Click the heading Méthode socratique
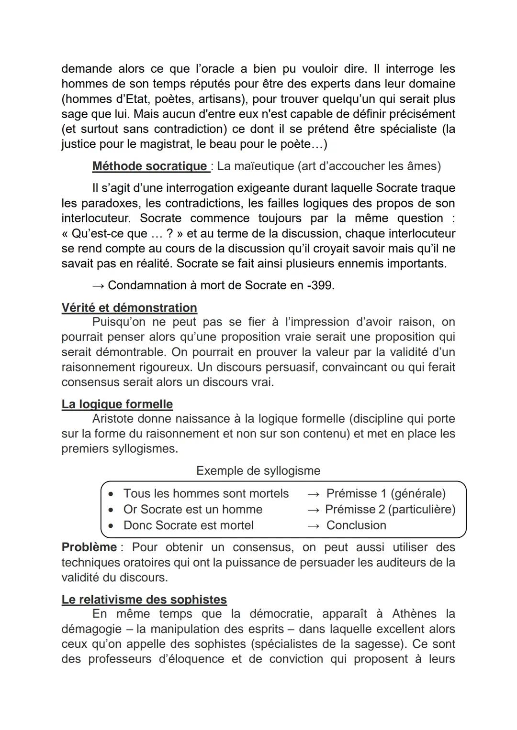pyautogui.click(x=149, y=166)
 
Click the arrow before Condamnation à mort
pyautogui.click(x=98, y=285)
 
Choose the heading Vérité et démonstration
pyautogui.click(x=129, y=308)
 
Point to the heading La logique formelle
pyautogui.click(x=117, y=404)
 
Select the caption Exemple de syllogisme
pyautogui.click(x=258, y=471)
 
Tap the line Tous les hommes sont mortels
pyautogui.click(x=206, y=493)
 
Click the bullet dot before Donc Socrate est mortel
pyautogui.click(x=111, y=526)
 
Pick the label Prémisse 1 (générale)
pyautogui.click(x=385, y=493)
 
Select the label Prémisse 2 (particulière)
pyautogui.click(x=390, y=510)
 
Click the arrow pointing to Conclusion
pyautogui.click(x=313, y=525)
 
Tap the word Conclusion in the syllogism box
pyautogui.click(x=356, y=525)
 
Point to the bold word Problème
pyautogui.click(x=89, y=547)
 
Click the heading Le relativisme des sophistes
pyautogui.click(x=144, y=599)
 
